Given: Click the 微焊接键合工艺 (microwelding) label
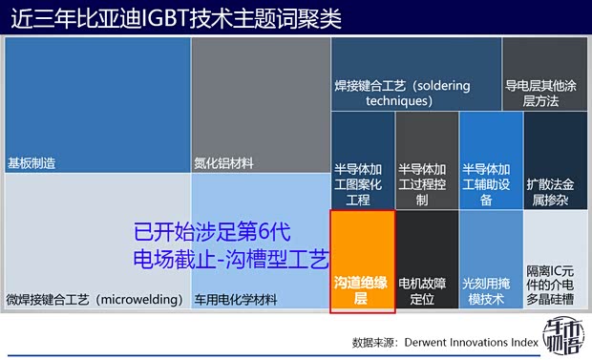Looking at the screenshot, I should point(95,300).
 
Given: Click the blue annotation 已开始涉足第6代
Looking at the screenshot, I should point(211,232).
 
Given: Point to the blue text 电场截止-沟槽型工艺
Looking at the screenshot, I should point(231,259).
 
